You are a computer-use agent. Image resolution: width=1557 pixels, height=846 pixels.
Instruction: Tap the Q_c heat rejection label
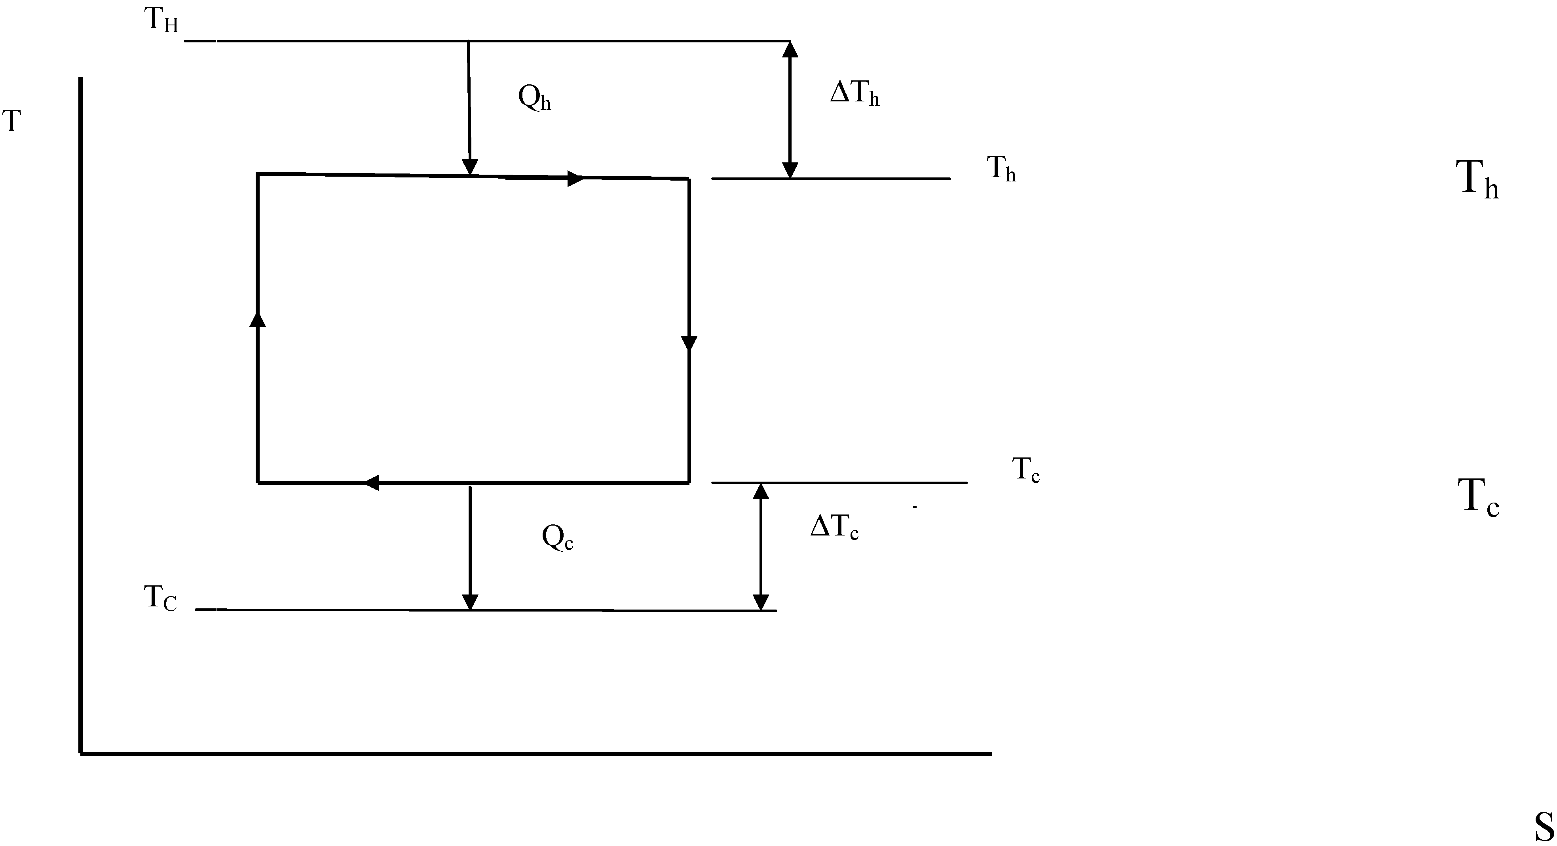[x=557, y=537]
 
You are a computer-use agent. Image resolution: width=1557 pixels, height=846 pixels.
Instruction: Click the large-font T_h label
[x=1477, y=179]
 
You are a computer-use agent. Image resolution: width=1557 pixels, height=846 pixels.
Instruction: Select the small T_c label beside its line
[x=1026, y=470]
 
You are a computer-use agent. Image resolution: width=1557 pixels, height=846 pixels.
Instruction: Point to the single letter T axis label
[x=12, y=121]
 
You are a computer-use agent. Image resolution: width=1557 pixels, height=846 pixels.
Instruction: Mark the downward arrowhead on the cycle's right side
[x=689, y=343]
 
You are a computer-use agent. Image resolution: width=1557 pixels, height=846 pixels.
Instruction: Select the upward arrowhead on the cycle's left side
[x=258, y=319]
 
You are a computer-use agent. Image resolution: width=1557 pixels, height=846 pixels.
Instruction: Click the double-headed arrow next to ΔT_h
[x=790, y=109]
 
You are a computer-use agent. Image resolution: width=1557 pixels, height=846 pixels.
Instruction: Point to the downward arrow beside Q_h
[x=469, y=108]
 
